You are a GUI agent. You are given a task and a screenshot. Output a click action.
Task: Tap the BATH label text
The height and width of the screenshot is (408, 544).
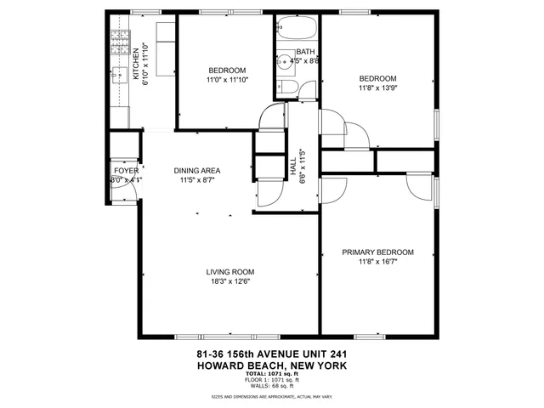305,51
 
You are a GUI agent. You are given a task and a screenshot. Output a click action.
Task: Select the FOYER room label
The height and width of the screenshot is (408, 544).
126,170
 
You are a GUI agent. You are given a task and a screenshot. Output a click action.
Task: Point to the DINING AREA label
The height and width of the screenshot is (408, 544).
197,170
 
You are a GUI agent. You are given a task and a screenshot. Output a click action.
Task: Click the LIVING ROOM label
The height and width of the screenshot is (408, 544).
230,272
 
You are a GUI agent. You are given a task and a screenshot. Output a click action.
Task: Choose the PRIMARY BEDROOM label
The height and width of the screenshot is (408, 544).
377,252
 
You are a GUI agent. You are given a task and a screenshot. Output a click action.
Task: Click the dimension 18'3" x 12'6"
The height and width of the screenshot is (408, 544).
230,282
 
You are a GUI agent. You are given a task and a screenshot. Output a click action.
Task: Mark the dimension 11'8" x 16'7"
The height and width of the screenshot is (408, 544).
377,263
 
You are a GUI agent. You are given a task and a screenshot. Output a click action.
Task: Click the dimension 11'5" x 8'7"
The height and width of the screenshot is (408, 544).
197,180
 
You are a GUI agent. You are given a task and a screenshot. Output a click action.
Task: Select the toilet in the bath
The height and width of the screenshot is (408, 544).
286,90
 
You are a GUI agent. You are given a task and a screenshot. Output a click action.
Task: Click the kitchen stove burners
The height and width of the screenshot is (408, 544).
120,42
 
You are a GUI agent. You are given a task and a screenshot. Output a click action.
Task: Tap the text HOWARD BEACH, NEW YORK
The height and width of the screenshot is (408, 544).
272,366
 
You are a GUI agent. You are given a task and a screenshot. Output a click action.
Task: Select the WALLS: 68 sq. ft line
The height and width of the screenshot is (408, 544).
271,384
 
